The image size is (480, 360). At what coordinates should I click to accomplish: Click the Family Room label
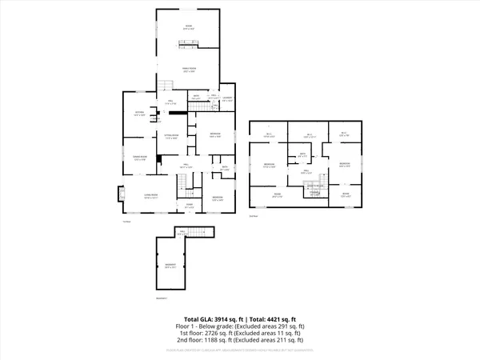pyautogui.click(x=189, y=69)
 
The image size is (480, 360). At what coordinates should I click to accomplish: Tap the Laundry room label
pyautogui.click(x=227, y=99)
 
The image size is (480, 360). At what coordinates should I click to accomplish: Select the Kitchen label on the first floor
pyautogui.click(x=139, y=114)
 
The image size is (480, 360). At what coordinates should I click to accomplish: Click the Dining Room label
pyautogui.click(x=139, y=158)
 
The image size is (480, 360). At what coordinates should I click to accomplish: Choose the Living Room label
pyautogui.click(x=150, y=195)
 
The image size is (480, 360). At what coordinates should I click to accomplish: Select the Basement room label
pyautogui.click(x=170, y=265)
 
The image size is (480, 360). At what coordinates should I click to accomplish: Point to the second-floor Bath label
pyautogui.click(x=303, y=154)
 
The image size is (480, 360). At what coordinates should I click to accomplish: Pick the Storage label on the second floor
pyautogui.click(x=314, y=193)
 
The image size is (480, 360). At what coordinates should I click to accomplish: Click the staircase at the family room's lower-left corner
pyautogui.click(x=163, y=88)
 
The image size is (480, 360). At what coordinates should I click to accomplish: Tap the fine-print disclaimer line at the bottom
pyautogui.click(x=240, y=349)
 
